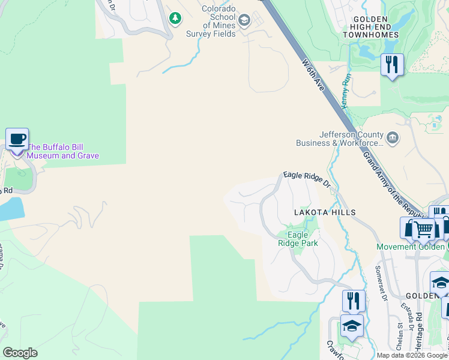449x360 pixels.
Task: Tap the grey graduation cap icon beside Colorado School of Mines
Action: pyautogui.click(x=244, y=22)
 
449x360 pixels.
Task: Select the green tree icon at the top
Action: pyautogui.click(x=175, y=19)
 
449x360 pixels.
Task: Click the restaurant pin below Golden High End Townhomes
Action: pyautogui.click(x=392, y=64)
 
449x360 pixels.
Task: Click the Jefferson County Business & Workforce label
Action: pyautogui.click(x=340, y=139)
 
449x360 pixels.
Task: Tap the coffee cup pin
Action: pyautogui.click(x=17, y=140)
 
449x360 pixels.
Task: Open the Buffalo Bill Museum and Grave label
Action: pyautogui.click(x=63, y=151)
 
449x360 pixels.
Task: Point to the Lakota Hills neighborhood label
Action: pyautogui.click(x=325, y=212)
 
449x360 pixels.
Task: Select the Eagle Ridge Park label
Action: pyautogui.click(x=297, y=239)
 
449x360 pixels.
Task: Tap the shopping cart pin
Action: pyautogui.click(x=424, y=229)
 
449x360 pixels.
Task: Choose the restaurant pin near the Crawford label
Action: pyautogui.click(x=354, y=301)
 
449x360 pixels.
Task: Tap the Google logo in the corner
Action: pyautogui.click(x=20, y=353)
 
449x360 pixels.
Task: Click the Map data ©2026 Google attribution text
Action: pyautogui.click(x=412, y=355)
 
